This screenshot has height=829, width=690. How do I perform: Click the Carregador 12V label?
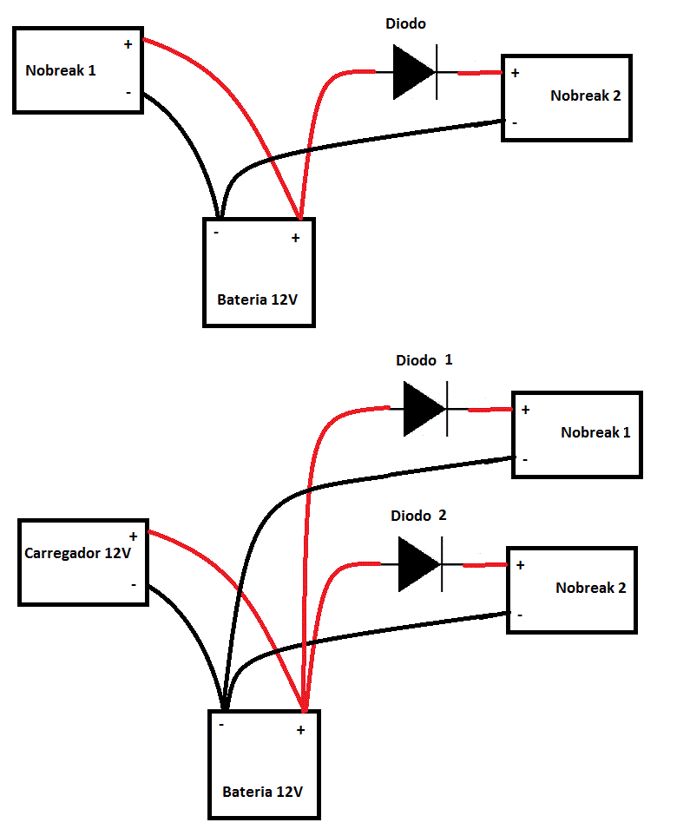click(x=78, y=553)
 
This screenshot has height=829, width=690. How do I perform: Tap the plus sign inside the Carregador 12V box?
click(x=133, y=537)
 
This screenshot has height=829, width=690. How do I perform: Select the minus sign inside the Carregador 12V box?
click(x=133, y=584)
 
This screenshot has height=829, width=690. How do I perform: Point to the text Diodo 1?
click(x=424, y=360)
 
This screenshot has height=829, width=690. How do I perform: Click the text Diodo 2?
click(x=418, y=516)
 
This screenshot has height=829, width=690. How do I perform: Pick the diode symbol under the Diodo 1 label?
click(x=426, y=408)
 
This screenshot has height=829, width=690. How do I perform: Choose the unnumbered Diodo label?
click(x=406, y=24)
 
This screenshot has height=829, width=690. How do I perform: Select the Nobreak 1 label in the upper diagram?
click(x=61, y=71)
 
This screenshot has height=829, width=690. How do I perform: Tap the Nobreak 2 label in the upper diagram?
click(x=586, y=96)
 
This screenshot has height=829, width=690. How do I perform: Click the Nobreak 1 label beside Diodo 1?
click(x=596, y=432)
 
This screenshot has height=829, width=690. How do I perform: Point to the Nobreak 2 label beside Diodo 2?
click(x=591, y=588)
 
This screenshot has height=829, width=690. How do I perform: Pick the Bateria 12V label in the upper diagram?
click(x=259, y=300)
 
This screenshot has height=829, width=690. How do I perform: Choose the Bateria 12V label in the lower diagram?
click(x=263, y=793)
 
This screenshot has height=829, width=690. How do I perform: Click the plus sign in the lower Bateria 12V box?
click(x=300, y=730)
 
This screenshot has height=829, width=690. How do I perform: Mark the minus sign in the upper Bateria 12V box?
click(x=216, y=234)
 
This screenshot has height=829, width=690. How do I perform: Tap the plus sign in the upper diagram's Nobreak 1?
click(x=128, y=44)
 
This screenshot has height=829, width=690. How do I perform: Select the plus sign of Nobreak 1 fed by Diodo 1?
click(x=526, y=410)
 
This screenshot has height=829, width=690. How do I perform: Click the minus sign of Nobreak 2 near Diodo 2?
click(x=519, y=615)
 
